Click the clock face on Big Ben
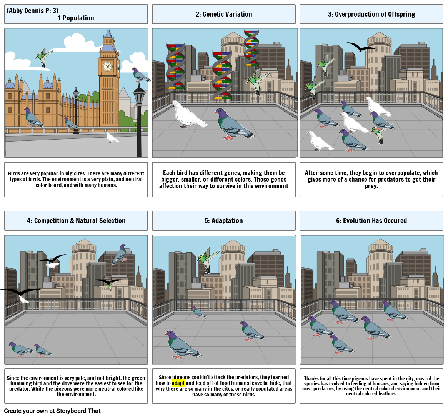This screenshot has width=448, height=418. click(108, 66)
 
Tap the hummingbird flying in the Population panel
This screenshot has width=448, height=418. click(45, 57)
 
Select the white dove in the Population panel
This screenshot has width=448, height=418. click(112, 137)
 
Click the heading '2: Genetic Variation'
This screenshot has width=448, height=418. click(223, 14)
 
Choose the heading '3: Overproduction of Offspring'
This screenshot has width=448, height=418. click(371, 14)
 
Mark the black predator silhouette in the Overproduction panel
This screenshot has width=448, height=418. click(360, 47)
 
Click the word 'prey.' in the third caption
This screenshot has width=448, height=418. click(371, 187)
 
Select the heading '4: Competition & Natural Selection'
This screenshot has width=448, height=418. click(76, 221)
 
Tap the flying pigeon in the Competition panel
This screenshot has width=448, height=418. click(120, 254)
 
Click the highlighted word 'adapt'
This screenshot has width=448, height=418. click(178, 383)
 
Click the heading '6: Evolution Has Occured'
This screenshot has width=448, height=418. click(371, 221)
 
